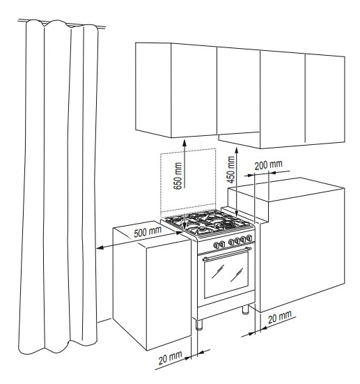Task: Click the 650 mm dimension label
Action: click(x=178, y=176)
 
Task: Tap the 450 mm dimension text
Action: click(x=230, y=169)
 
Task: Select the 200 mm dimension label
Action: click(x=268, y=164)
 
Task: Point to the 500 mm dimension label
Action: click(x=148, y=231)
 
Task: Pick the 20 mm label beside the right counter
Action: click(x=279, y=318)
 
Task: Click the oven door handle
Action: click(x=227, y=253)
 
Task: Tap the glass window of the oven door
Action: click(x=226, y=274)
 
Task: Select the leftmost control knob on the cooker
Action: click(x=216, y=245)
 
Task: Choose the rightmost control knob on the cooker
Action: click(x=249, y=238)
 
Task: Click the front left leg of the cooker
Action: click(x=199, y=325)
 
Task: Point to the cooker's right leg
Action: click(x=245, y=309)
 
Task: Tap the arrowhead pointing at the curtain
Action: click(x=100, y=248)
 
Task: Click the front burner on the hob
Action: click(x=203, y=229)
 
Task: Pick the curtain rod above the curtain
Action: click(x=61, y=24)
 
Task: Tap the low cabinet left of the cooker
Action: click(x=152, y=285)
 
